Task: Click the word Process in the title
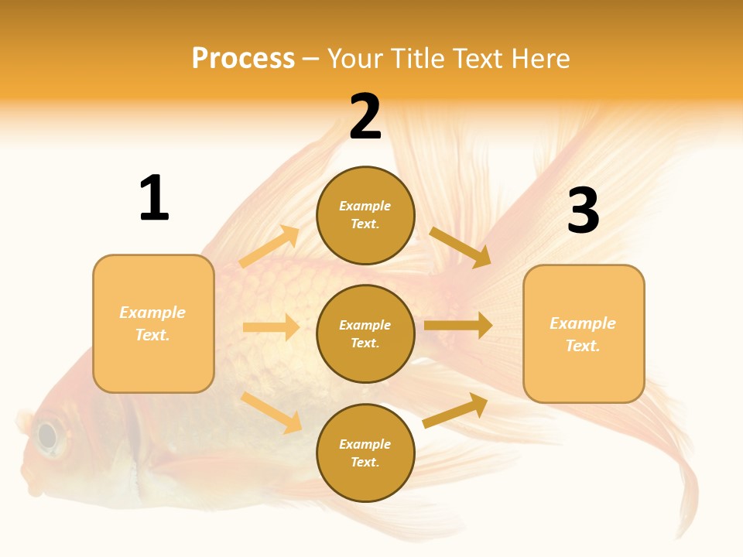pyautogui.click(x=243, y=59)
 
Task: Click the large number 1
pyautogui.click(x=154, y=199)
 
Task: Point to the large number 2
pyautogui.click(x=365, y=117)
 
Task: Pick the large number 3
pyautogui.click(x=583, y=210)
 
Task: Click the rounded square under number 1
pyautogui.click(x=153, y=323)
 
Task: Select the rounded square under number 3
pyautogui.click(x=584, y=334)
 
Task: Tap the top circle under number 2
pyautogui.click(x=365, y=215)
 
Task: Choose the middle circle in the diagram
pyautogui.click(x=365, y=333)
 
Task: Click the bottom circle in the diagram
pyautogui.click(x=365, y=453)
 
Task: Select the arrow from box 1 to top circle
pyautogui.click(x=269, y=247)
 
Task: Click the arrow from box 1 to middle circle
pyautogui.click(x=271, y=327)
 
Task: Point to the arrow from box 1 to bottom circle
pyautogui.click(x=271, y=412)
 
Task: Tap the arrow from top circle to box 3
pyautogui.click(x=461, y=247)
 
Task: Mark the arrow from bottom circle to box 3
pyautogui.click(x=455, y=411)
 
